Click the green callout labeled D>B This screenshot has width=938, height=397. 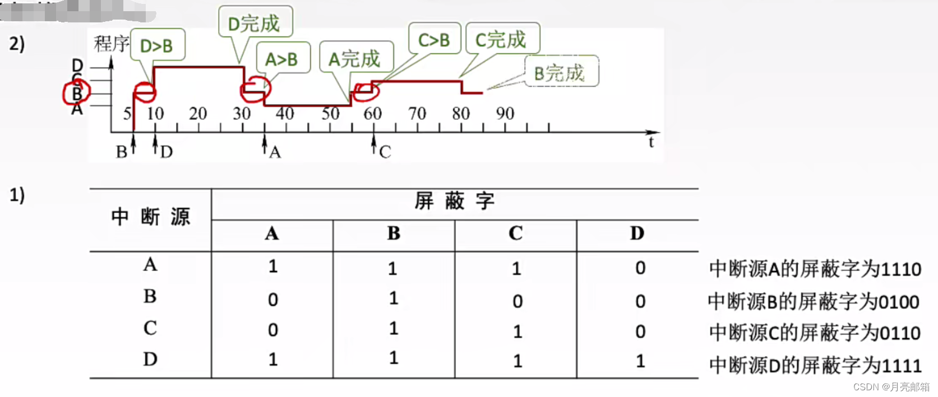[x=157, y=45]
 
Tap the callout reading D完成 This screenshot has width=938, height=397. [x=255, y=24]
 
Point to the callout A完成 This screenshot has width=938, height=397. [x=355, y=58]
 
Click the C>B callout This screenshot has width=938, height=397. [x=434, y=40]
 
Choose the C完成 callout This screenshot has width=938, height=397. [x=502, y=39]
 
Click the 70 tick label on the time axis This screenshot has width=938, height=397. [x=417, y=114]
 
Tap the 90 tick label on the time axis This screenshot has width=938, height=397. [x=505, y=114]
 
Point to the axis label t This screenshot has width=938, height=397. [x=651, y=142]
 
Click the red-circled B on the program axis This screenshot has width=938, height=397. [x=77, y=94]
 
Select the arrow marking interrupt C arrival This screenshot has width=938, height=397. [x=374, y=144]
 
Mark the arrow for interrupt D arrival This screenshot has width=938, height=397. [x=155, y=143]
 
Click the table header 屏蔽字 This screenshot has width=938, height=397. [x=454, y=202]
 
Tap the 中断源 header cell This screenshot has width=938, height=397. [x=150, y=217]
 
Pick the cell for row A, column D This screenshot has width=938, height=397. [x=640, y=268]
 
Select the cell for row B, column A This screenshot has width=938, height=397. [x=272, y=300]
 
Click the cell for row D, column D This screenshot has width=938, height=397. [x=640, y=361]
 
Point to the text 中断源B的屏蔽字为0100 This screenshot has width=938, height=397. [x=814, y=302]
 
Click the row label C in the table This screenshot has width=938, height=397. [x=150, y=328]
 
